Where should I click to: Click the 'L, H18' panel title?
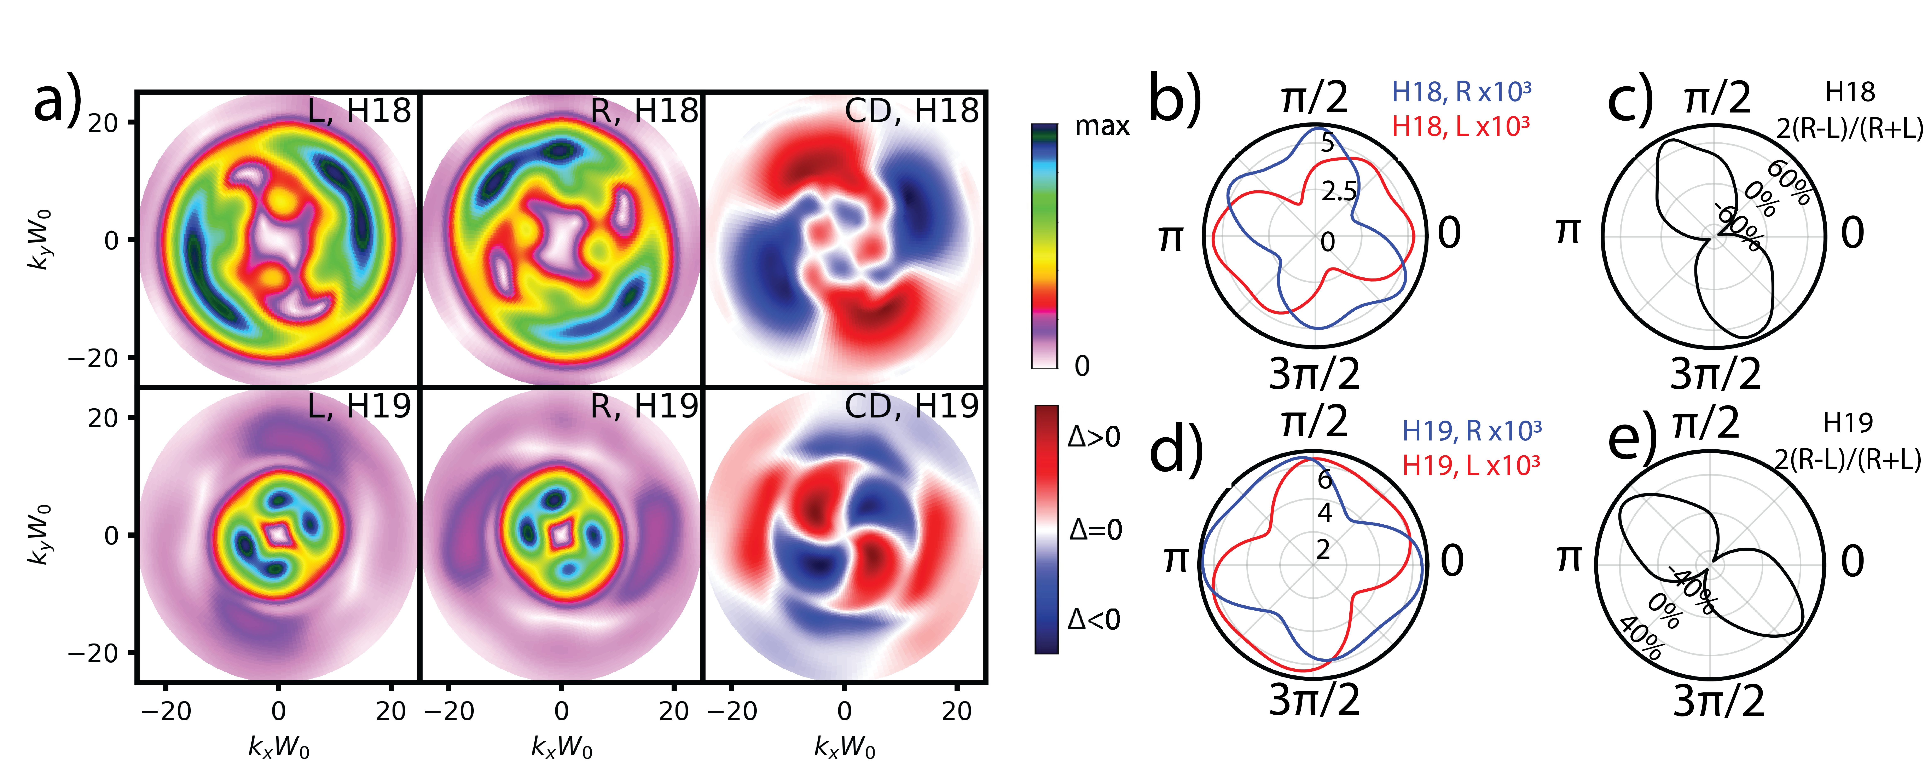359,111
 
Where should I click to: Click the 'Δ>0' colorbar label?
1094,437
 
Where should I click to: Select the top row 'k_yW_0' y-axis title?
41,239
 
